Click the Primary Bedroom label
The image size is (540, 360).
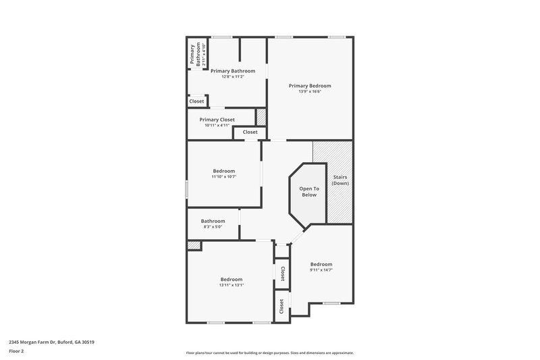tap(310, 86)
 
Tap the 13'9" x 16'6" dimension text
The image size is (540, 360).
tap(310, 92)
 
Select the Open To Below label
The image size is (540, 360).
tap(308, 191)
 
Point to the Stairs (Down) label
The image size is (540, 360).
tap(340, 180)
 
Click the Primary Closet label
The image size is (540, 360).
tap(217, 120)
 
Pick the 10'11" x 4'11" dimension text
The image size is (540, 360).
tap(217, 126)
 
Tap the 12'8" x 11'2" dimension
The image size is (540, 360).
tap(232, 76)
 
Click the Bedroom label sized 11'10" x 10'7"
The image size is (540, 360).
tap(223, 171)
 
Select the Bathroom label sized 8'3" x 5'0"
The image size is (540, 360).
tap(213, 221)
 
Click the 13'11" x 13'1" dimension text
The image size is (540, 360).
tap(231, 285)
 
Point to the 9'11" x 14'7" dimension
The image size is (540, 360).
tap(321, 270)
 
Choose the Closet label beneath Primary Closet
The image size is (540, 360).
tap(250, 132)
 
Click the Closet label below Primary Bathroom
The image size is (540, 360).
tap(196, 101)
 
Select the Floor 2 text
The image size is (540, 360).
tap(17, 352)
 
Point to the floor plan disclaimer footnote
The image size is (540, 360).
tap(270, 353)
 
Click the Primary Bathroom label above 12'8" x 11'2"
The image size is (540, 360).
tap(232, 70)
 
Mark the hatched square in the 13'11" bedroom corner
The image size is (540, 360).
tap(194, 246)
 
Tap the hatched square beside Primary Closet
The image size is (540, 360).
tap(261, 116)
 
